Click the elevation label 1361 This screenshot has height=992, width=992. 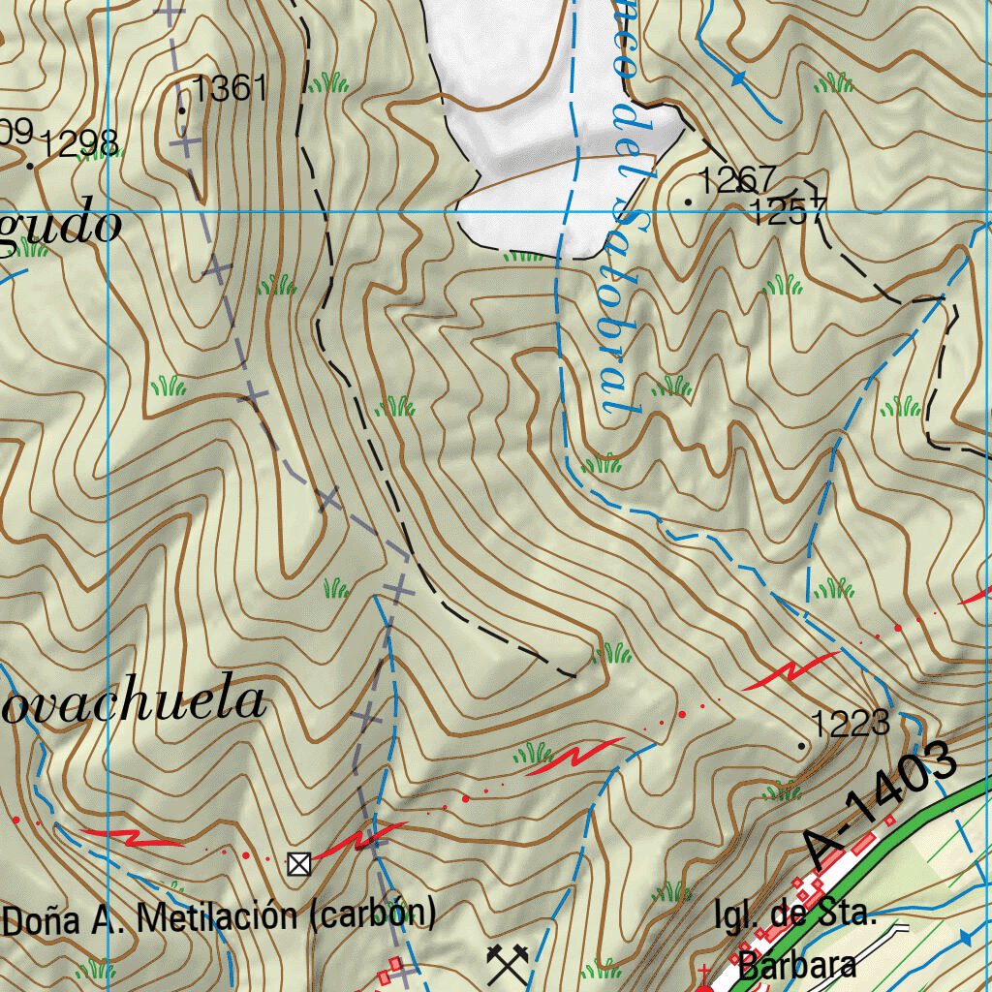click(230, 89)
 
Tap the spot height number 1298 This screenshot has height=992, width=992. click(80, 144)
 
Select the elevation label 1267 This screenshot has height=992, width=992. click(737, 179)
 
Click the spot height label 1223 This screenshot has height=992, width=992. click(850, 723)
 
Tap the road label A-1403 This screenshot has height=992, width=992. click(881, 805)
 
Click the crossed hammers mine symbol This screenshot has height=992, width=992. click(505, 962)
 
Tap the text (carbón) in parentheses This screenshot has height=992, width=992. click(372, 914)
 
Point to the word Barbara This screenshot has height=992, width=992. click(797, 965)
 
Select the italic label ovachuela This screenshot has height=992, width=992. click(134, 701)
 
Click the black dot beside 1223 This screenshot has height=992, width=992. click(801, 746)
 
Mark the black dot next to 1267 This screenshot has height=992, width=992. click(689, 201)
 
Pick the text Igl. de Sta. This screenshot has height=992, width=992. click(794, 915)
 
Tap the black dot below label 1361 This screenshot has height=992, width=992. click(182, 110)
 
